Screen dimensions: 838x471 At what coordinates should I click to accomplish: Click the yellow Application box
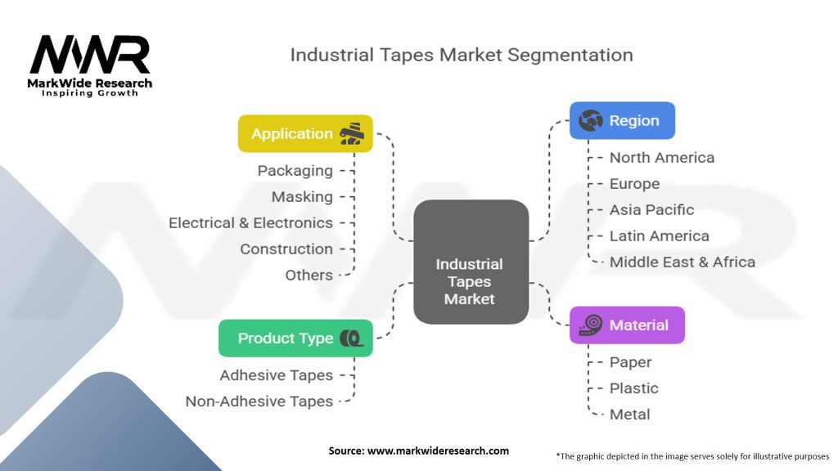[x=305, y=133]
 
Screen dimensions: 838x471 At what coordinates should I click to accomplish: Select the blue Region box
[x=622, y=121]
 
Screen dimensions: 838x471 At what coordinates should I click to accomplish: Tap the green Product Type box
[x=295, y=338]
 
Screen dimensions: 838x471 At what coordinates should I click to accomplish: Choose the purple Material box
[x=627, y=325]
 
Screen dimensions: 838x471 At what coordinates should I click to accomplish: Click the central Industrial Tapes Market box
[x=471, y=262]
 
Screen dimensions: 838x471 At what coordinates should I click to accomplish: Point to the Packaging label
[x=295, y=171]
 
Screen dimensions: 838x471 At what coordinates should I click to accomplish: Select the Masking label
[x=302, y=197]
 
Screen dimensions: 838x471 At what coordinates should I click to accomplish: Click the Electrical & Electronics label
[x=250, y=222]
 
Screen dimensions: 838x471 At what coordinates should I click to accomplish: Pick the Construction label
[x=286, y=249]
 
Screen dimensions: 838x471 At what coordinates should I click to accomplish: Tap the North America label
[x=661, y=158]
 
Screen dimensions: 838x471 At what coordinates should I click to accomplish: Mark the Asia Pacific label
[x=651, y=210]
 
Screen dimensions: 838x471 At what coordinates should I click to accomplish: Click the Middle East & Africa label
[x=682, y=262]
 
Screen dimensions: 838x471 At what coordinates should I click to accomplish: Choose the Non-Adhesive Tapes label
[x=259, y=401]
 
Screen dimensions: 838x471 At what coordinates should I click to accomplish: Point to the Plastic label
[x=634, y=388]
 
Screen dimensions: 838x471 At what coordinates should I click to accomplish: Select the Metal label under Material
[x=629, y=415]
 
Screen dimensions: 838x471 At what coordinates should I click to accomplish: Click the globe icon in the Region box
[x=590, y=121]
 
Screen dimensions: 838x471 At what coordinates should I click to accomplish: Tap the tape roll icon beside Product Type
[x=351, y=338]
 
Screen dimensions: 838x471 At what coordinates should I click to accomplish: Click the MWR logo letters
[x=90, y=55]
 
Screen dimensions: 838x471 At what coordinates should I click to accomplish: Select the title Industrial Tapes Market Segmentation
[x=462, y=55]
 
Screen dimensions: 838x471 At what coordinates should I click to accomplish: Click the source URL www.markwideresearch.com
[x=438, y=451]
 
